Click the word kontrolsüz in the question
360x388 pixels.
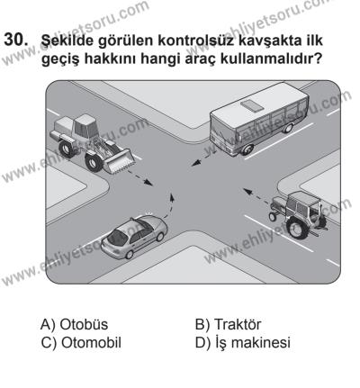(197, 42)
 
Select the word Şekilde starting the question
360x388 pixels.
(70, 42)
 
